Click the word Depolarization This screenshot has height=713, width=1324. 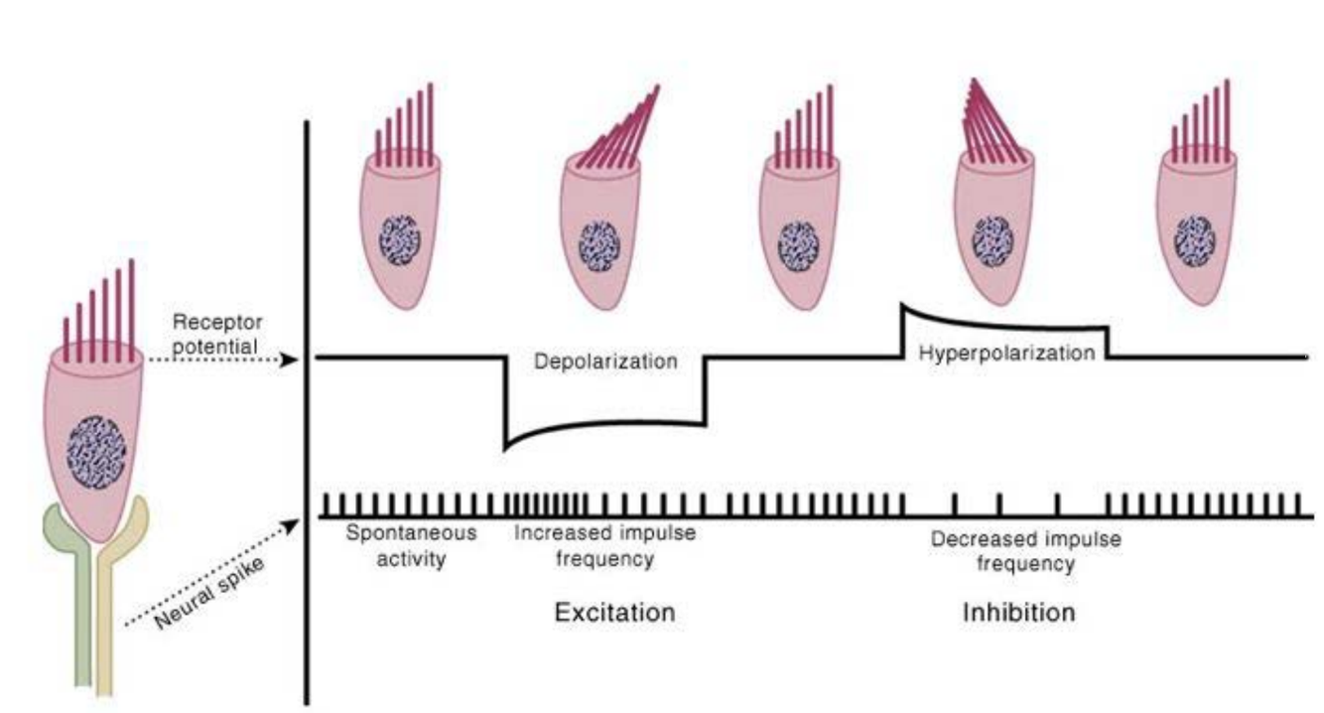605,361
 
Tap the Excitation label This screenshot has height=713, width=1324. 613,612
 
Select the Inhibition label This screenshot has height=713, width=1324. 1018,612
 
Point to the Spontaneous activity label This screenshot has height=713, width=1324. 411,545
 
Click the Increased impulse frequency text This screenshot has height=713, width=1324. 604,545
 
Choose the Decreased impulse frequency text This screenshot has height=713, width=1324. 1025,551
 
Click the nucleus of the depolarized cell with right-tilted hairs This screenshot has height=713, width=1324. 598,242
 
